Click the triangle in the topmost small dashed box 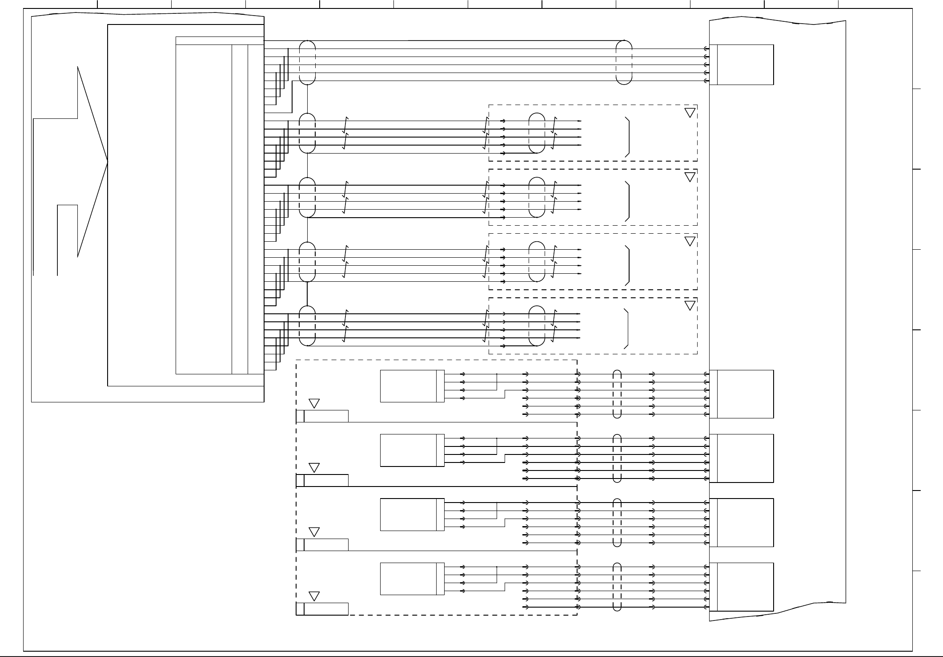[690, 112]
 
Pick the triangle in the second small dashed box [690, 177]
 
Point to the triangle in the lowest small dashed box [690, 305]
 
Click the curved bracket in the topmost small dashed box [628, 137]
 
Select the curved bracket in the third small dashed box [628, 265]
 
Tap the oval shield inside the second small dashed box [537, 197]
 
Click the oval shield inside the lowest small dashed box [537, 326]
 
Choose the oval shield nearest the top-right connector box [624, 62]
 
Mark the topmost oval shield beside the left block [307, 62]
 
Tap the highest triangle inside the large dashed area [314, 403]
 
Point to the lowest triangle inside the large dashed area [314, 596]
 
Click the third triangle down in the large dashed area [314, 532]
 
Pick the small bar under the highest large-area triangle [322, 416]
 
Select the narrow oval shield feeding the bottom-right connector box [617, 587]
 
